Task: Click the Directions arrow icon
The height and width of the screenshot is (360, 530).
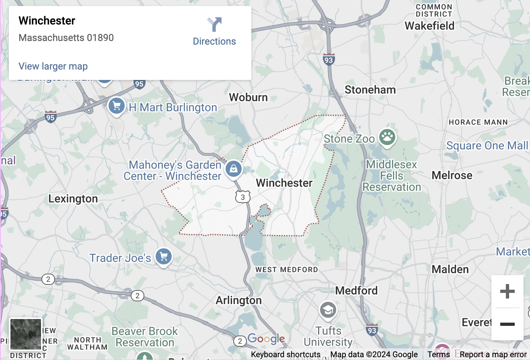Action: tap(215, 25)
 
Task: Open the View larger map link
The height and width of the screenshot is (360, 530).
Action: tap(53, 66)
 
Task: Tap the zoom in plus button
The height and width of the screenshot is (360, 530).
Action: tap(507, 291)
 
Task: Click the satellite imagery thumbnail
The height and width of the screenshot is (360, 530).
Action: tap(26, 334)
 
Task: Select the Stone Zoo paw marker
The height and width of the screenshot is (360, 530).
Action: tap(387, 137)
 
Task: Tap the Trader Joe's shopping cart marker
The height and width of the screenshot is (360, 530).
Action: tap(163, 256)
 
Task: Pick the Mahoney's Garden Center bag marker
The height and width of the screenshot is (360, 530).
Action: tap(233, 169)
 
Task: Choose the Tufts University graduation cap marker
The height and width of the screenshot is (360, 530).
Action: tap(328, 310)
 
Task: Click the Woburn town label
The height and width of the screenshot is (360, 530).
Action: tap(248, 97)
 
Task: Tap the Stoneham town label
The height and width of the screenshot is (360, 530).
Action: tap(370, 90)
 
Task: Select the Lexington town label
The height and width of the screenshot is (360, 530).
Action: tap(73, 199)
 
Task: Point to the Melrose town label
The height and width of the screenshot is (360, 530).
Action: tap(452, 175)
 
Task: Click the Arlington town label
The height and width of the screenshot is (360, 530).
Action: tap(238, 301)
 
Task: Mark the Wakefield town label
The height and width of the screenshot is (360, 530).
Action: tap(429, 26)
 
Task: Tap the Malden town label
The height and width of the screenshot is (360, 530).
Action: tap(450, 269)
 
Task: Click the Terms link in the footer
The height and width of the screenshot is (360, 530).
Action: tap(439, 354)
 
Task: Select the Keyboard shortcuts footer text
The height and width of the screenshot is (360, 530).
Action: tap(286, 354)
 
